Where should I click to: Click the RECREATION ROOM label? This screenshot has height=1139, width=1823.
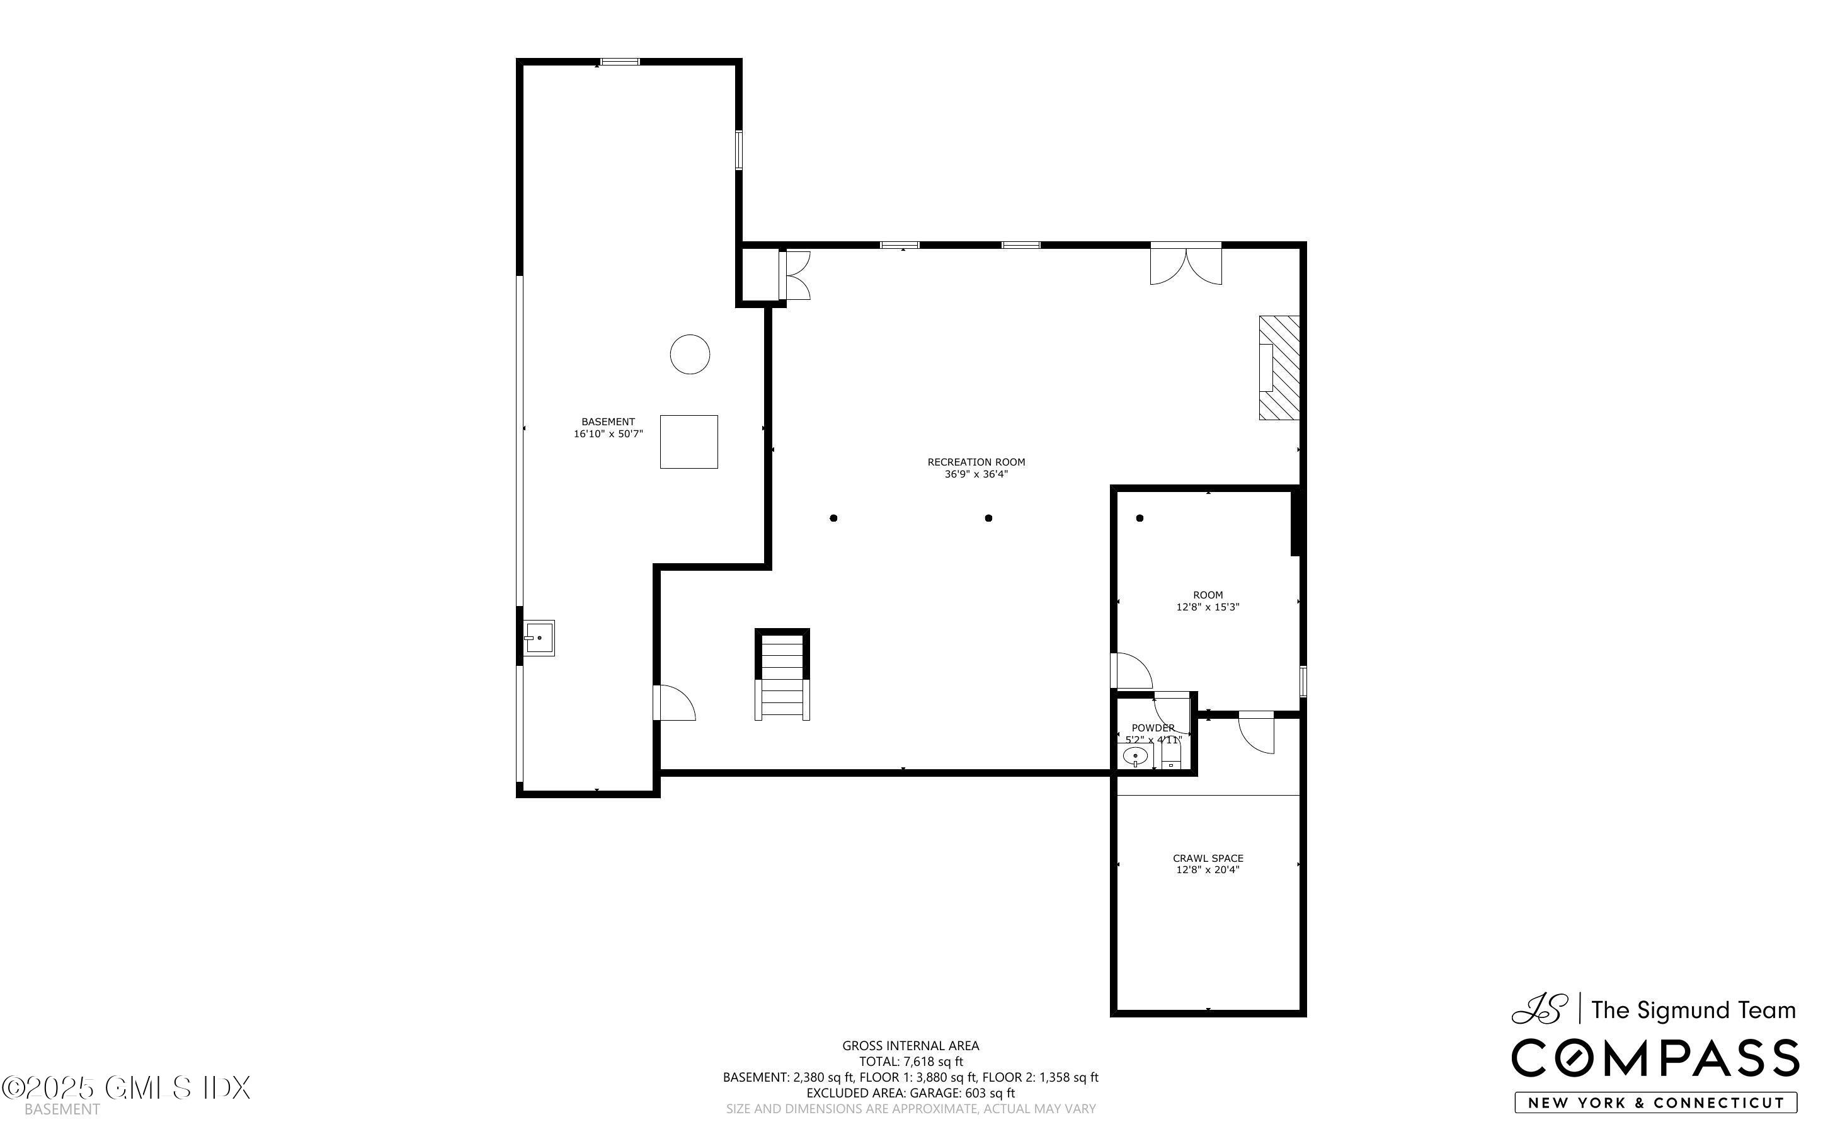976,462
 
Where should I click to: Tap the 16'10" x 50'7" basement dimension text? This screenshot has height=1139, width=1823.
609,434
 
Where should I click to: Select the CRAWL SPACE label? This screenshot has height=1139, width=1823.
1208,858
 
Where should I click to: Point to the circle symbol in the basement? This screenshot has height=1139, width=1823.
690,354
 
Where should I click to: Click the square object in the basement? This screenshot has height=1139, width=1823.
689,442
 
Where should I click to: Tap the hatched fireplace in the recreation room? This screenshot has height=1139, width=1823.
1279,368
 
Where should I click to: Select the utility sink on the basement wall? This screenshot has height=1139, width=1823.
539,638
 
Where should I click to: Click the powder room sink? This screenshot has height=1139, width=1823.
1134,755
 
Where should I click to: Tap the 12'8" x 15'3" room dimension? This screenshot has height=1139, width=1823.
1208,607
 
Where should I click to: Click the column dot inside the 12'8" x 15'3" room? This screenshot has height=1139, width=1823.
1140,518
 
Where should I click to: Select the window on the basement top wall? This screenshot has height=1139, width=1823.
620,62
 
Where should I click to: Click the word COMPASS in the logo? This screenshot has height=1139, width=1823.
1654,1058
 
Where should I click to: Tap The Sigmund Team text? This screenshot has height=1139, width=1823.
1693,1010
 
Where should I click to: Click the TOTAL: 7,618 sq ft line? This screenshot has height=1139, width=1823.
910,1062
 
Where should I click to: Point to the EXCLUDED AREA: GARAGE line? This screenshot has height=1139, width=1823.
910,1093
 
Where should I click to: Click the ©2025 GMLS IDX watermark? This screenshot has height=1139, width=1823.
126,1088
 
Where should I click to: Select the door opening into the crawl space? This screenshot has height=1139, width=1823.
1256,731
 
